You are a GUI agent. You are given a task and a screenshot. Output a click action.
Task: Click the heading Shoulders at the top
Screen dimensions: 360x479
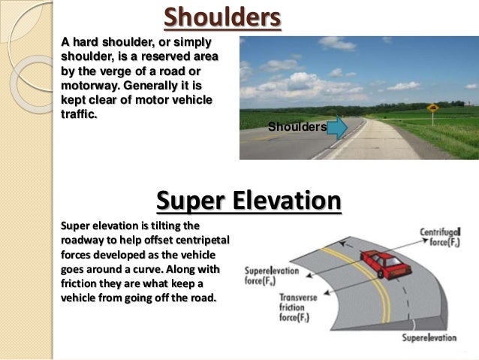coord(222,17)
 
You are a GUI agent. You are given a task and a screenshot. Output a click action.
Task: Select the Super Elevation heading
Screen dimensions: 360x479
coord(249,201)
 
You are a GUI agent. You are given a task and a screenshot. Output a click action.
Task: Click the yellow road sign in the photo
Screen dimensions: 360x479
coord(433,109)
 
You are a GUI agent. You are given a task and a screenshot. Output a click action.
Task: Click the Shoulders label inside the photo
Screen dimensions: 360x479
coord(297,128)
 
